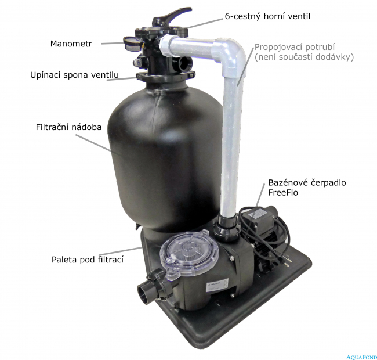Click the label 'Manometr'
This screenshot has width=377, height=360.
coord(71,44)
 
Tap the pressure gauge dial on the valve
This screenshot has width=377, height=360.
coord(132,44)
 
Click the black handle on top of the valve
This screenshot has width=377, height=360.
coord(171,17)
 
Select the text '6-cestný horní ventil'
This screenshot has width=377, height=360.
coord(267,16)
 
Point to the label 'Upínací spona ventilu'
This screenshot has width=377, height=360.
coord(75,75)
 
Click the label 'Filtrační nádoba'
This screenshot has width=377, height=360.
coord(69,127)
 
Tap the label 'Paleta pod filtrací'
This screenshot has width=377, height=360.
coord(88,260)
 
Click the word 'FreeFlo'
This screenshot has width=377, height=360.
coord(283,193)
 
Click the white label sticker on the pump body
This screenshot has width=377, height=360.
coord(217,285)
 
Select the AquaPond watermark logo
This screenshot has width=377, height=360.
coord(361,357)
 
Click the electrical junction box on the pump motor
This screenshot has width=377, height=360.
coord(258,217)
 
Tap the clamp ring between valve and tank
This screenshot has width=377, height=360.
coord(165,77)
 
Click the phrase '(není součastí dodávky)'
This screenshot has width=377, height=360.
coord(304,57)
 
